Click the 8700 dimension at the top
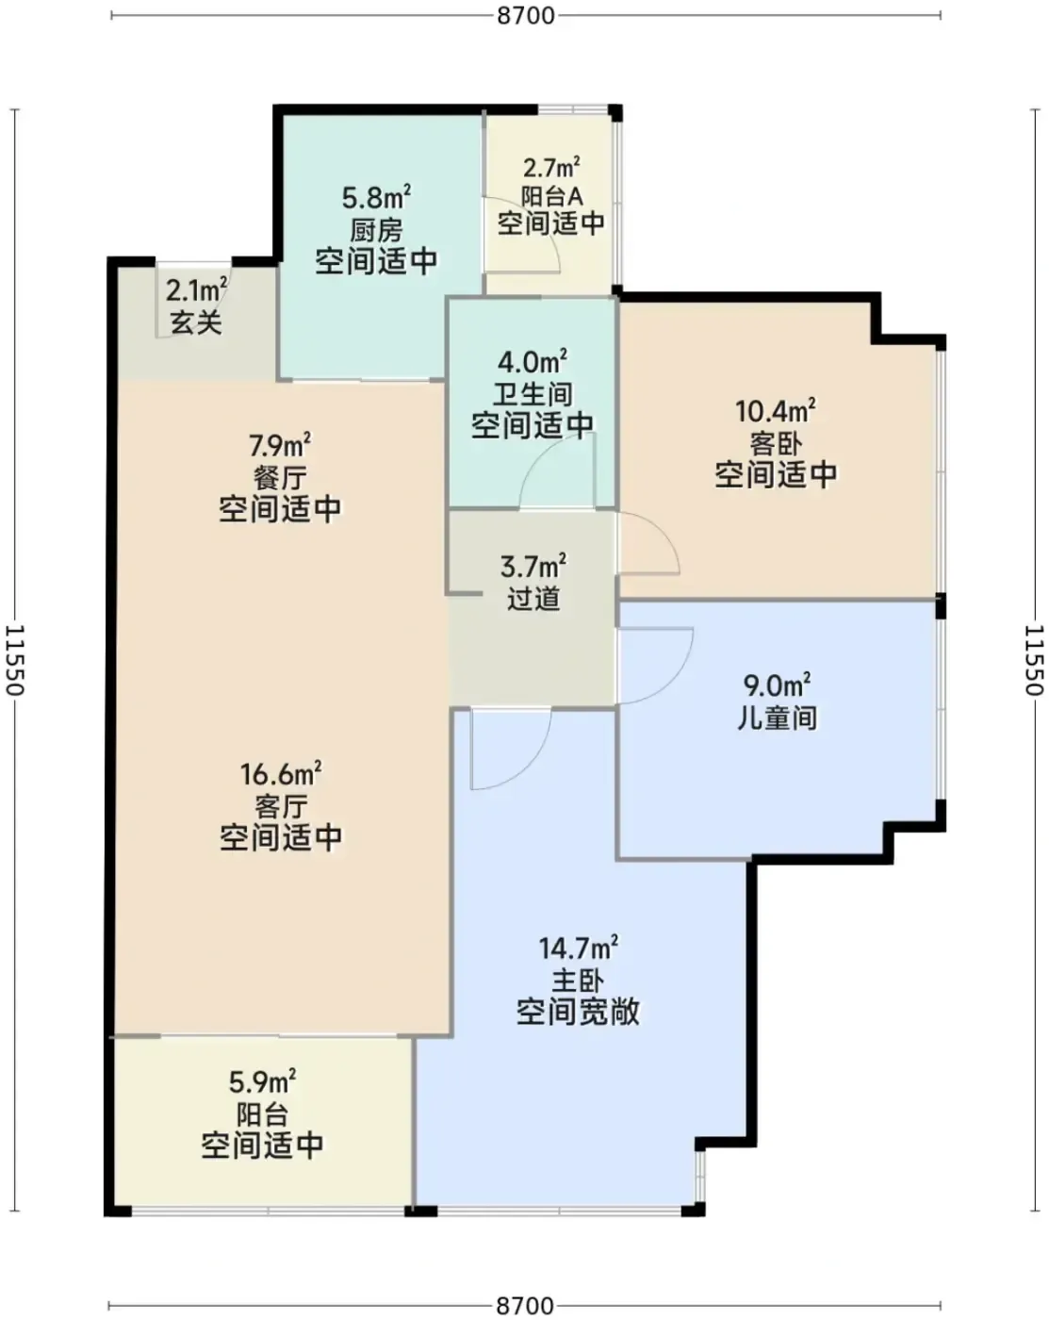[x=525, y=15]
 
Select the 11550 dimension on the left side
[x=15, y=660]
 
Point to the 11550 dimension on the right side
[x=1034, y=660]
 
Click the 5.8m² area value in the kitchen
[x=376, y=197]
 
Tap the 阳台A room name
[x=551, y=196]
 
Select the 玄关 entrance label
[x=196, y=322]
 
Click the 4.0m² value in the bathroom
[x=532, y=362]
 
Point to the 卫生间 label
[x=533, y=394]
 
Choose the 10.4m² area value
[x=775, y=410]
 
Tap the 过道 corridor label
[x=533, y=599]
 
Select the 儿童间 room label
[x=777, y=718]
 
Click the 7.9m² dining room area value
[x=280, y=445]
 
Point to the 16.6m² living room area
[x=281, y=774]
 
